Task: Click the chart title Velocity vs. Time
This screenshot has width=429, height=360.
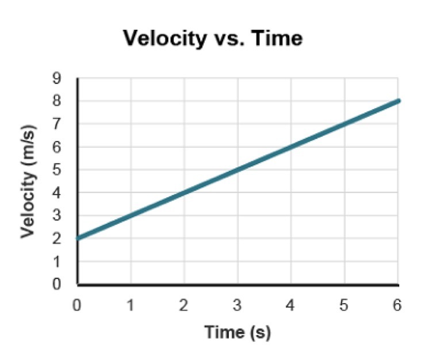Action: pos(213,39)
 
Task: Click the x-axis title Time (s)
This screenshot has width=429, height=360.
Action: pos(237,332)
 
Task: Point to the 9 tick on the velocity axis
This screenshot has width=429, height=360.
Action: pos(65,78)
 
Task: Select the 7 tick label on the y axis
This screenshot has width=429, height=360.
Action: pos(65,124)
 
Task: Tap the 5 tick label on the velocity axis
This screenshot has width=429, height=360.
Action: pos(65,170)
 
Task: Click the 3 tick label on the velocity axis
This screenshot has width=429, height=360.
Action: pos(65,216)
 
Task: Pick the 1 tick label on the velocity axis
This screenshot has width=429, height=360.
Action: pos(65,262)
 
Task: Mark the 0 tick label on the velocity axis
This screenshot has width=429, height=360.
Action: pos(65,284)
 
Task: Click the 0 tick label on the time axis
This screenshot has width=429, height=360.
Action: pos(78,305)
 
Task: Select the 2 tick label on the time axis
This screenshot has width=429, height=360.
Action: pos(184,305)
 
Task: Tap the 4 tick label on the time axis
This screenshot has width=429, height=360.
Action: pos(291,305)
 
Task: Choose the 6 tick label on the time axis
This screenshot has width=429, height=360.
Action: pos(397,305)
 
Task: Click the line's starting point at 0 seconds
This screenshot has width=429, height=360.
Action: pos(78,238)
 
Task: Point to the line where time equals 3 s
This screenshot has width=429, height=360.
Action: pos(238,170)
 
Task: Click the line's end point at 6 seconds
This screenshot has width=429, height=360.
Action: pos(397,101)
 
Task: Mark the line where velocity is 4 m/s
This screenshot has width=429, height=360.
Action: pos(185,192)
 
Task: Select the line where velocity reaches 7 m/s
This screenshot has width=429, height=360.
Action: pos(344,124)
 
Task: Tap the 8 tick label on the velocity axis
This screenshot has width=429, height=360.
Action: pos(65,101)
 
